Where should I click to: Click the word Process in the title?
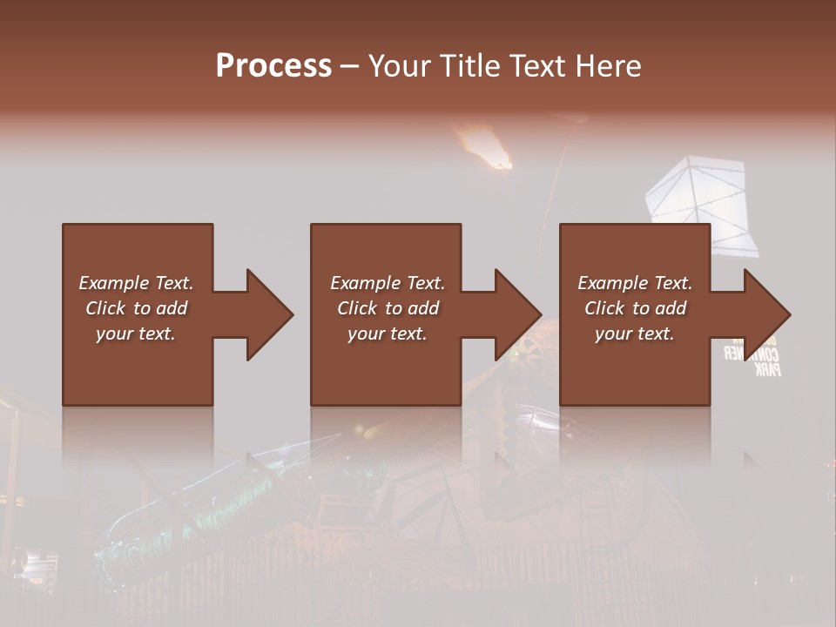coord(273,66)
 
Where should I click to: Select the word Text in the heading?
coord(536,66)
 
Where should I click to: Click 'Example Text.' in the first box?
coord(136,283)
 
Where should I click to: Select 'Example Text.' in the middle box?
coord(388,283)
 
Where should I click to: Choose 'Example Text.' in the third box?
coord(635,283)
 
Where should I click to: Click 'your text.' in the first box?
coord(136,334)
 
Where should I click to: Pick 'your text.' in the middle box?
coord(388,334)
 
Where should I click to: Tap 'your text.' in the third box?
coord(635,334)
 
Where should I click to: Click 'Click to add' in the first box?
coord(136,308)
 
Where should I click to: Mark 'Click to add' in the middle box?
coord(388,308)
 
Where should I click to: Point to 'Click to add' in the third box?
coord(635,308)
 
